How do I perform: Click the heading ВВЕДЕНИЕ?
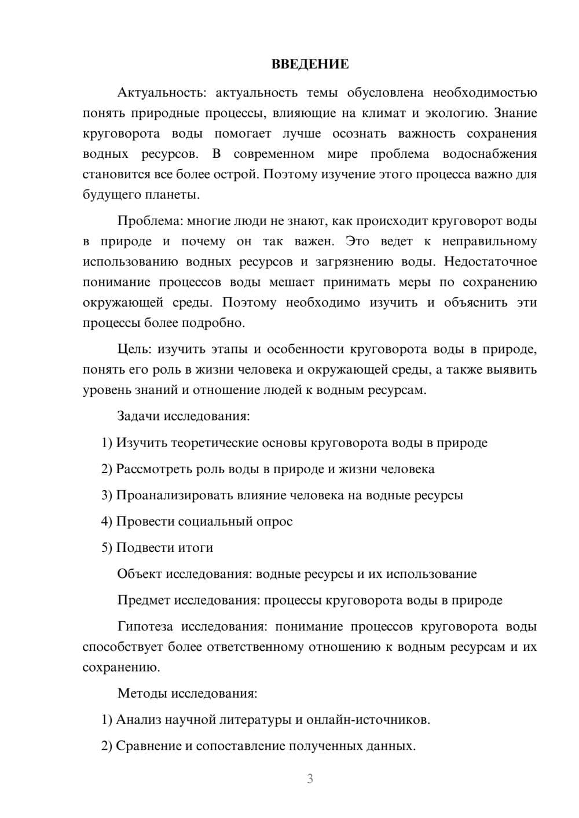(x=310, y=64)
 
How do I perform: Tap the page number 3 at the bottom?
(x=310, y=779)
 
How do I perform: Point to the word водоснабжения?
(x=489, y=154)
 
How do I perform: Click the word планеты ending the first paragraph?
(x=173, y=195)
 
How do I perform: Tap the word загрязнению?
(x=352, y=261)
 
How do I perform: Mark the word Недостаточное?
(x=490, y=261)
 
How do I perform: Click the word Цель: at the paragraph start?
(x=135, y=349)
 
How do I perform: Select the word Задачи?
(x=139, y=416)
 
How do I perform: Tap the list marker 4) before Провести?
(x=107, y=521)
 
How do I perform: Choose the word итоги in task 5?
(x=197, y=547)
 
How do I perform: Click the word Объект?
(x=140, y=574)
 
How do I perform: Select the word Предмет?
(x=144, y=600)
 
